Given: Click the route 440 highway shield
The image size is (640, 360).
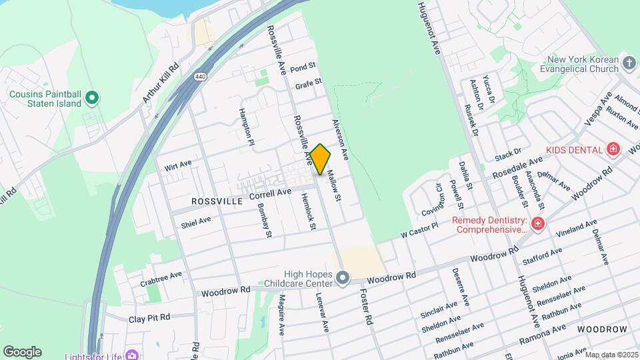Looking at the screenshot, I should click(200, 77).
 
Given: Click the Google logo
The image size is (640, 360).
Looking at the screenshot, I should click(22, 352).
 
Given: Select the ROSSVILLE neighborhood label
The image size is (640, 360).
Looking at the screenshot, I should click(215, 201).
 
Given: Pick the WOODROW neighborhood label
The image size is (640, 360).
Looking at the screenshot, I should click(602, 329).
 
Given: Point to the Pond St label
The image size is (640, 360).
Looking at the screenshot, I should click(302, 67).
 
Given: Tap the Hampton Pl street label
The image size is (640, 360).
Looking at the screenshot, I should click(247, 127).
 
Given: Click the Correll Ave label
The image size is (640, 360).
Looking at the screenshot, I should click(270, 194).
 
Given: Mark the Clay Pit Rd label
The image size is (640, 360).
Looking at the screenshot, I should click(149, 318).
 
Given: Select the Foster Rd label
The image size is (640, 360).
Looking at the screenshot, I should click(366, 306).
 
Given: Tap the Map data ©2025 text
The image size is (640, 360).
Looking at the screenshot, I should click(611, 354).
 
